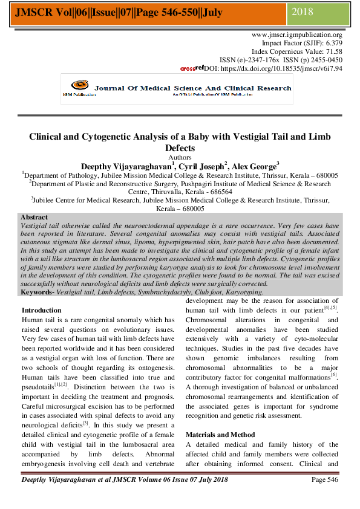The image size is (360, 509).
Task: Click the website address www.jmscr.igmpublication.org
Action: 296,35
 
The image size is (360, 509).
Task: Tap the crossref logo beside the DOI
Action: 192,68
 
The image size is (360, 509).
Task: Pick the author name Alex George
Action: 254,166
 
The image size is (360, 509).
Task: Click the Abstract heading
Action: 34,217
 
